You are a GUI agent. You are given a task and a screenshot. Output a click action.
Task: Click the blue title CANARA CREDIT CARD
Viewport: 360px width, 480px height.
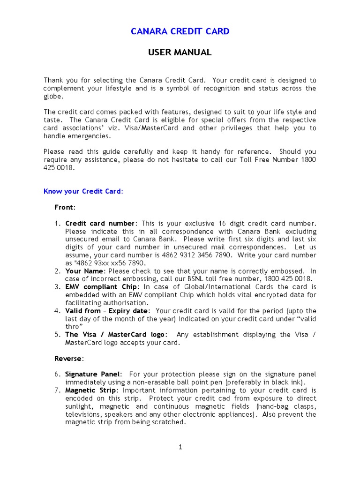pyautogui.click(x=180, y=31)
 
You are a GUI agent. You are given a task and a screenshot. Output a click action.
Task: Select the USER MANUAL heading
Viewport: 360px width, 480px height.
pyautogui.click(x=180, y=52)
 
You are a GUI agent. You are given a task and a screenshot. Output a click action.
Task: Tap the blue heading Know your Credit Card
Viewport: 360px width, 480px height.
pyautogui.click(x=82, y=191)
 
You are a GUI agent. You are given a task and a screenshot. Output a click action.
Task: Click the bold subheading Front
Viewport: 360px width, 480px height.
pyautogui.click(x=64, y=207)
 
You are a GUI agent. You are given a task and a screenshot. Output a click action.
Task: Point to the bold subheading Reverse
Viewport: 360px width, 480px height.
pyautogui.click(x=68, y=359)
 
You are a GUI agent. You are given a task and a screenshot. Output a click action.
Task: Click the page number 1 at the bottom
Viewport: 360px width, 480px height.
pyautogui.click(x=180, y=447)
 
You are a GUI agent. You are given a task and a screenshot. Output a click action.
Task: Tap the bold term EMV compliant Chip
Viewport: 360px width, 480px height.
pyautogui.click(x=101, y=287)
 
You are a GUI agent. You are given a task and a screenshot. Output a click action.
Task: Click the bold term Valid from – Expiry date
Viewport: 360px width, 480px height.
pyautogui.click(x=107, y=311)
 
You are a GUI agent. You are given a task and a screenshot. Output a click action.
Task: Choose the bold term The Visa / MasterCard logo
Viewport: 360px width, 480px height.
pyautogui.click(x=115, y=335)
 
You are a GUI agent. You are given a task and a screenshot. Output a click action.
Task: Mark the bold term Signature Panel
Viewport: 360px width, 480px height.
pyautogui.click(x=92, y=374)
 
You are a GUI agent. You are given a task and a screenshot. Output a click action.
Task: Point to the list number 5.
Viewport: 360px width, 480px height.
pyautogui.click(x=57, y=335)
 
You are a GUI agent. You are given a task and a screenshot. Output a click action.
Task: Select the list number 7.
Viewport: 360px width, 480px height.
pyautogui.click(x=57, y=390)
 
